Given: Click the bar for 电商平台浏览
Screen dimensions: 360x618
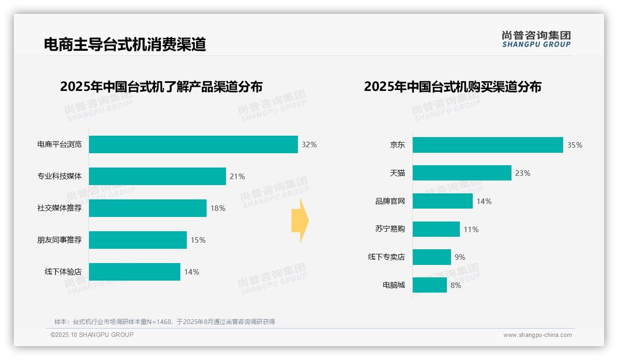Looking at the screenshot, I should click(x=193, y=144).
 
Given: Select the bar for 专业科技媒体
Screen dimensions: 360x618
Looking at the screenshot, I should click(x=157, y=176).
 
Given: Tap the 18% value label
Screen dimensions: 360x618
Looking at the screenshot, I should click(x=218, y=208).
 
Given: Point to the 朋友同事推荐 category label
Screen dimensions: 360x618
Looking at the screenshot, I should click(x=59, y=240).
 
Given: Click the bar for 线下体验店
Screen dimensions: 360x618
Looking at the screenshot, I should click(x=134, y=272).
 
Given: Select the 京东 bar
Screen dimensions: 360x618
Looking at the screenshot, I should click(x=487, y=145).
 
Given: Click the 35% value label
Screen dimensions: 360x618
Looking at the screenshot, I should click(x=575, y=145).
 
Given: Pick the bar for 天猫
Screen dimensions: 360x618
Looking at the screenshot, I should click(x=462, y=173).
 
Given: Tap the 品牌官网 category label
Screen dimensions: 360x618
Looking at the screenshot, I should click(x=390, y=201).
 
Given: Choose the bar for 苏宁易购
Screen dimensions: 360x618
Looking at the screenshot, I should click(x=436, y=229).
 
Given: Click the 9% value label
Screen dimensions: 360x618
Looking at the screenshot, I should click(x=460, y=257).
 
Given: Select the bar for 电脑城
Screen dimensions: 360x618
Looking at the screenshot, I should click(x=429, y=285).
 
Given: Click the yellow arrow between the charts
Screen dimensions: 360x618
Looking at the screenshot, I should click(x=300, y=221).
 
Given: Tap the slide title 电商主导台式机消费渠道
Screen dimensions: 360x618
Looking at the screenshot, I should click(x=125, y=44).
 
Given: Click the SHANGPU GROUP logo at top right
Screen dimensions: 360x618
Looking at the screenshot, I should click(x=536, y=39).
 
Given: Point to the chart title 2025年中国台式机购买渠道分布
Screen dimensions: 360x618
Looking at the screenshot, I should click(x=452, y=87).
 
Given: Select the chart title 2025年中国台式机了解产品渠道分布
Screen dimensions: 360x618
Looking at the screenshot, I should click(x=161, y=87).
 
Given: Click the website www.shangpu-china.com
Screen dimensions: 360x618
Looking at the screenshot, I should click(x=537, y=335).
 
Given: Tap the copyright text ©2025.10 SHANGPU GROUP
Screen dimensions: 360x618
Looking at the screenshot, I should click(x=92, y=335).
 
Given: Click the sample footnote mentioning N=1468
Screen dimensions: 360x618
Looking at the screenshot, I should click(x=165, y=322).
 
